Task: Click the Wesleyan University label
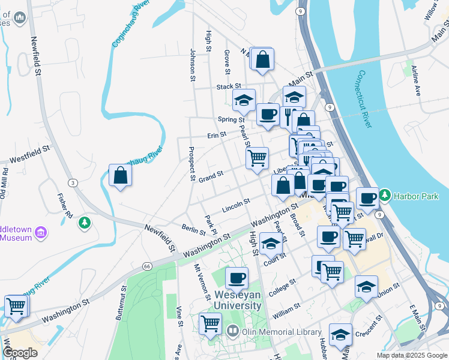238,300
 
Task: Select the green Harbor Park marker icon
385,196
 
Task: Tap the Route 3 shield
72,182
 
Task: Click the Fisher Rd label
65,206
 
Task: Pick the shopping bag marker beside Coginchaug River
121,175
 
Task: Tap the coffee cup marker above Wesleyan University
237,278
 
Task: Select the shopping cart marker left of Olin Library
210,323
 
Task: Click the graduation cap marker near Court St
271,244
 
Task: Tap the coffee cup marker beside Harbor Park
367,197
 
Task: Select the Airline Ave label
416,82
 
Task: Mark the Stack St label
229,86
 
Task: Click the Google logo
20,353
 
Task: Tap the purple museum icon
41,232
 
